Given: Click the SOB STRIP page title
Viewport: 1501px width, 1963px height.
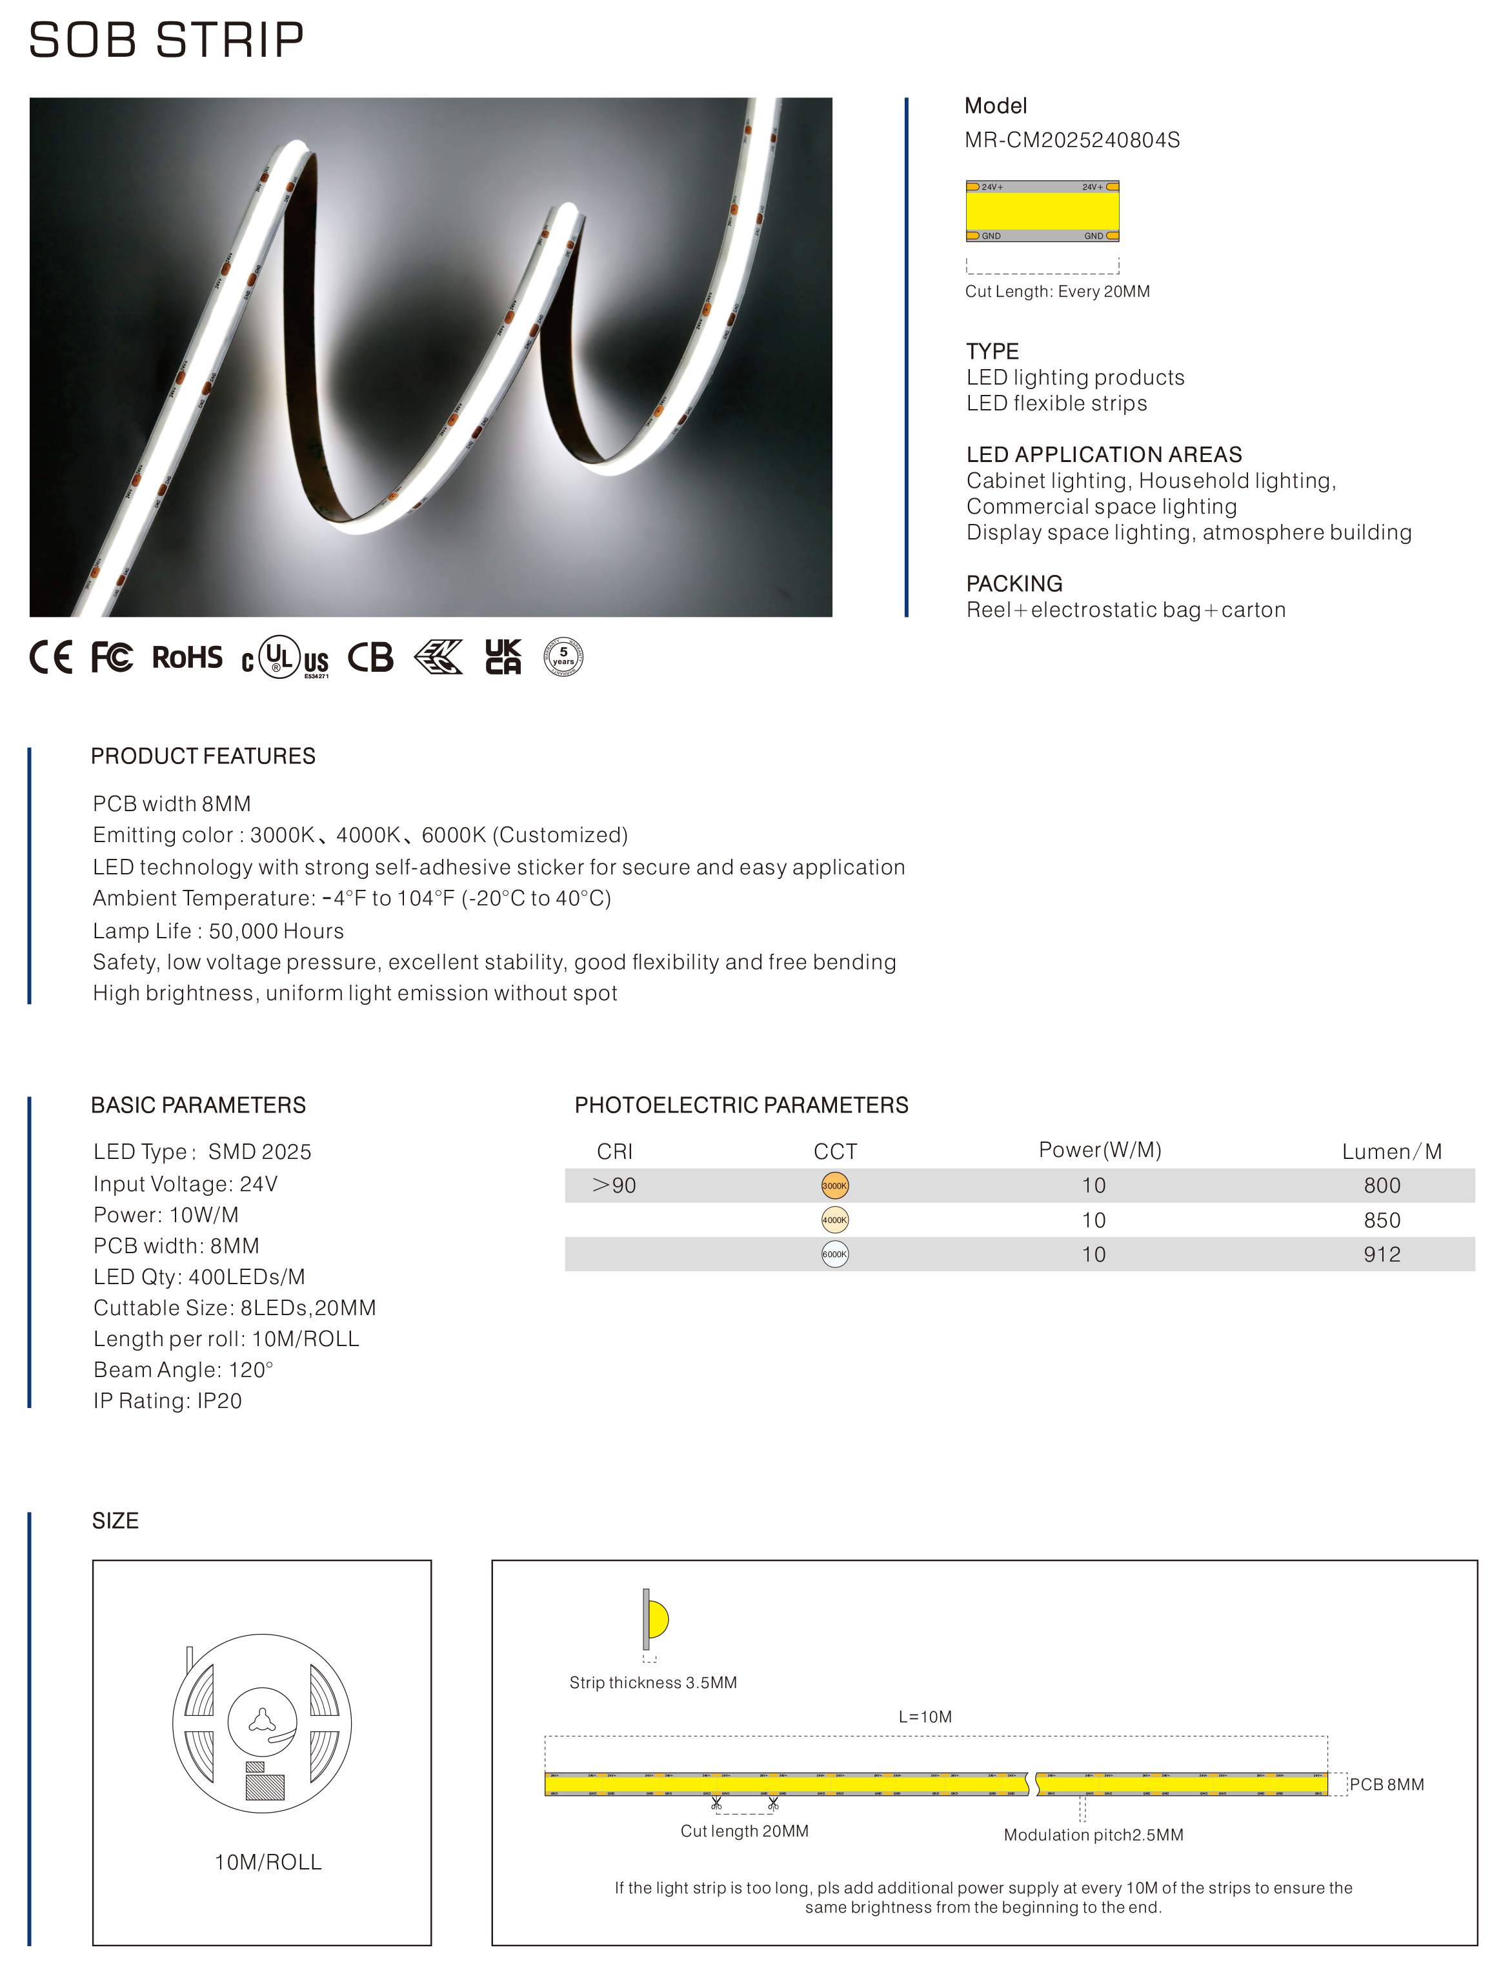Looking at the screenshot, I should tap(166, 40).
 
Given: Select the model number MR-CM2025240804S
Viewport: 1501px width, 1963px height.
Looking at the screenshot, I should tap(1071, 140).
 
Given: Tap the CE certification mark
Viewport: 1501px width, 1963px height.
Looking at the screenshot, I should tap(51, 658).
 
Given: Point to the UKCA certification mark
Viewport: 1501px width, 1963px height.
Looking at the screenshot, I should tap(503, 657).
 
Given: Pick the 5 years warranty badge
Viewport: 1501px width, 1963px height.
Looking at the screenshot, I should tap(563, 657).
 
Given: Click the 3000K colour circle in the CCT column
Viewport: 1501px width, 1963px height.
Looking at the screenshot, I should tap(834, 1185).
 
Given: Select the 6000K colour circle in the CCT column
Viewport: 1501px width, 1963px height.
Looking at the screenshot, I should tap(834, 1254).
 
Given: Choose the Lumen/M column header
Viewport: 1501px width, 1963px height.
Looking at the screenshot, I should tap(1391, 1152).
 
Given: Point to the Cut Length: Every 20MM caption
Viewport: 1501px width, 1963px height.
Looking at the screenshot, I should tap(1057, 291).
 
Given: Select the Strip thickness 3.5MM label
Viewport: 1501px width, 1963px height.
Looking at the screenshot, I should tap(653, 1682).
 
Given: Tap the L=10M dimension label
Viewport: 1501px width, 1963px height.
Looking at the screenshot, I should tap(925, 1716).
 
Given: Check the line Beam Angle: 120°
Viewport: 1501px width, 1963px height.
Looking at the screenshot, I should tap(183, 1370).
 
